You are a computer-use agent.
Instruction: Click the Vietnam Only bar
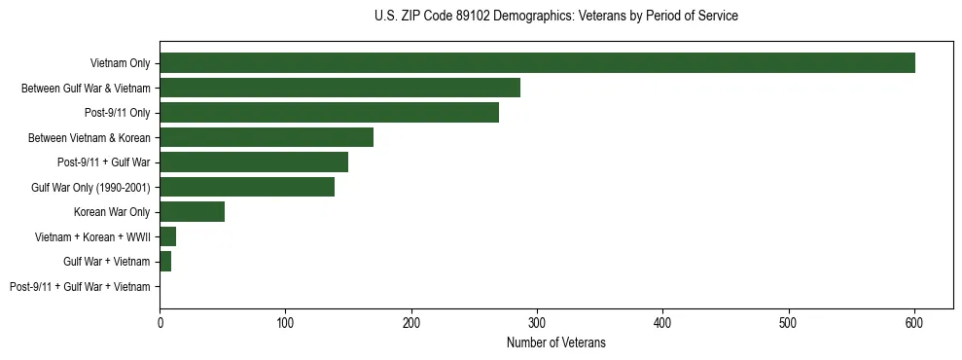pos(537,63)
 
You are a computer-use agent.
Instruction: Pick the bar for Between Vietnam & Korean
pos(267,137)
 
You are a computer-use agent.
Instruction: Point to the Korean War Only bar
pos(193,212)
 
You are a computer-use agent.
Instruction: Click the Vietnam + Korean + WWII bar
pos(167,236)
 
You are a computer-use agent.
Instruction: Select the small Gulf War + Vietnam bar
pos(165,262)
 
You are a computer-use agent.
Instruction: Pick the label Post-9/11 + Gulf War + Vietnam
pos(80,287)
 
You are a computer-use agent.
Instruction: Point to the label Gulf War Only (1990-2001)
pos(90,188)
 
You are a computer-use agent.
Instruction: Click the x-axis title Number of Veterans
pos(555,342)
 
